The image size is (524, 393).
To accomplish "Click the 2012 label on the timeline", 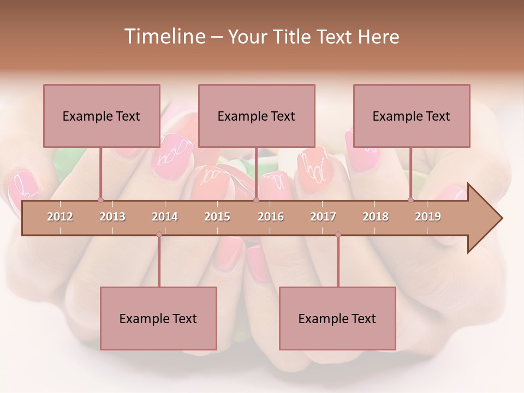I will (x=60, y=217).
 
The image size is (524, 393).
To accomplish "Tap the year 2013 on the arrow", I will (x=112, y=217).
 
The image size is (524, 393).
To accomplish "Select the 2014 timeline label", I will (x=165, y=217).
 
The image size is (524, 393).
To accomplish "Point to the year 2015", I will (x=217, y=217).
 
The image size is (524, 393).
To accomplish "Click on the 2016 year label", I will (x=271, y=217).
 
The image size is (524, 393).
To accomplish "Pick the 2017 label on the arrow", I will (x=323, y=217).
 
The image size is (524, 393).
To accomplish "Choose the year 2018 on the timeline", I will (x=376, y=217).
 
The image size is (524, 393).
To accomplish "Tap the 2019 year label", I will (x=428, y=217).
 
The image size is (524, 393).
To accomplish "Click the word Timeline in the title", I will (x=164, y=37).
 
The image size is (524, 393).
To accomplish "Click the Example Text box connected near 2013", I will (x=102, y=116).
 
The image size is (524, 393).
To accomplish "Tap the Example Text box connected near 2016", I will (x=257, y=116).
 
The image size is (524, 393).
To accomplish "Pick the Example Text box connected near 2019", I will (x=412, y=116).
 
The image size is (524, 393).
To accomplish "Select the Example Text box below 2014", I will (x=158, y=318).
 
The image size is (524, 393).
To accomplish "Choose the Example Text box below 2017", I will (x=337, y=318).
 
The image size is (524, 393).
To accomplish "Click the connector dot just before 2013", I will (x=100, y=200).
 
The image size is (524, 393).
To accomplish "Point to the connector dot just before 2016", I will (x=256, y=200).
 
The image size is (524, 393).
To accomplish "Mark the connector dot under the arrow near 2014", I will (x=159, y=235).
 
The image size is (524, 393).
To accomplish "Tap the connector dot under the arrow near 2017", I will (x=338, y=235).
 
